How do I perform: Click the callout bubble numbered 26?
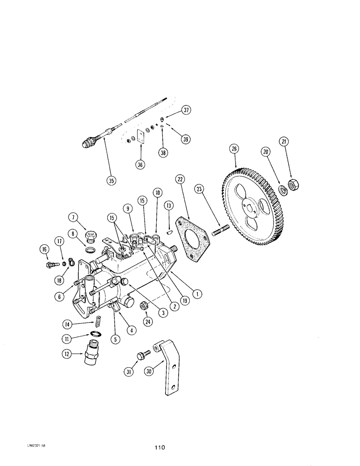234,149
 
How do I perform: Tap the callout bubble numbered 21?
284,141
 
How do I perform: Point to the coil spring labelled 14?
99,322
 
